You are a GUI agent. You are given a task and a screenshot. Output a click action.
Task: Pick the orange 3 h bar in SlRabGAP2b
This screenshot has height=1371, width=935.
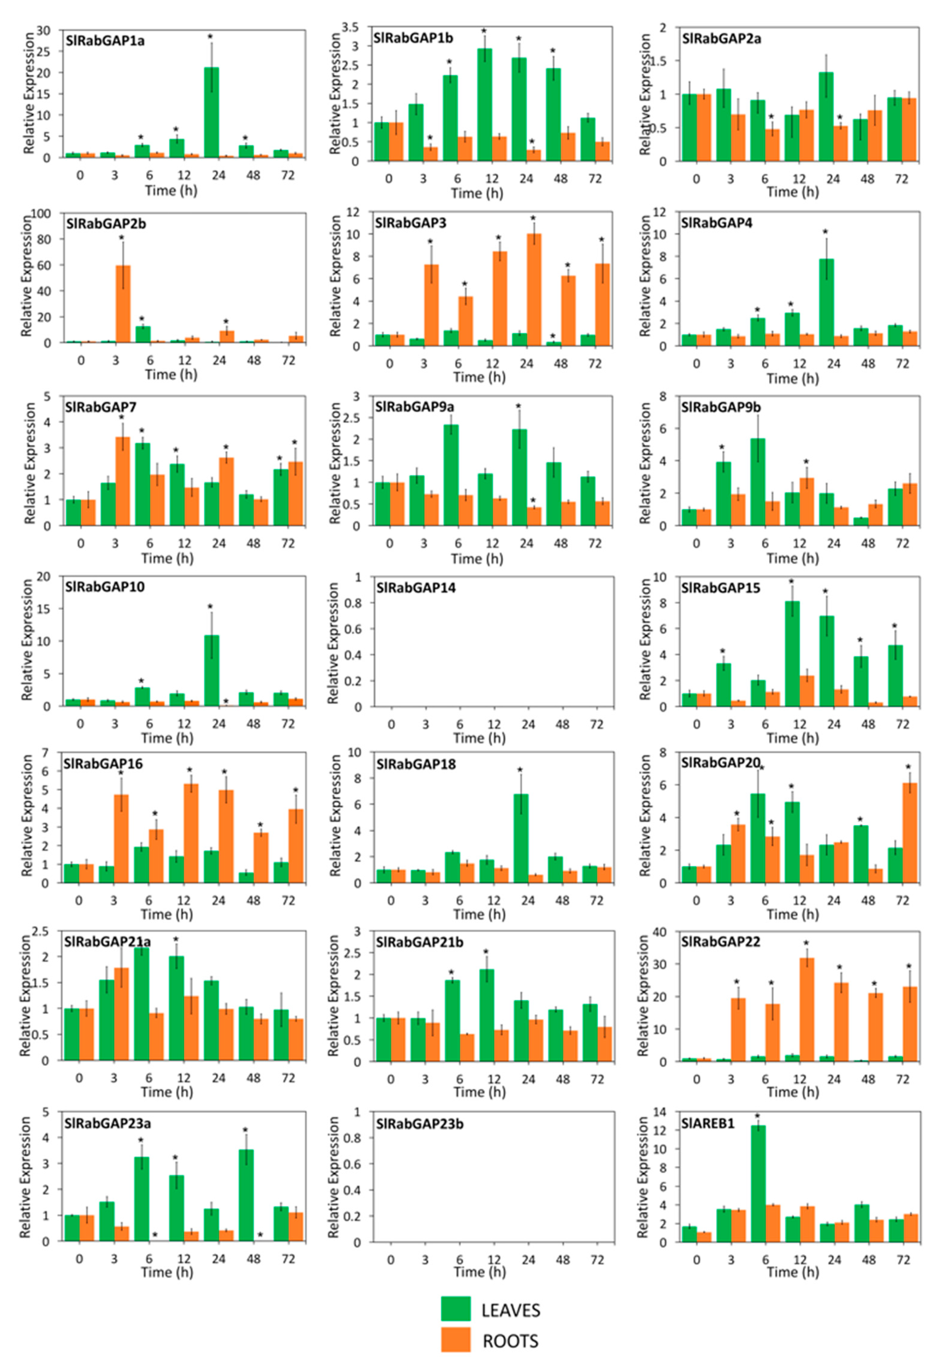[x=123, y=304]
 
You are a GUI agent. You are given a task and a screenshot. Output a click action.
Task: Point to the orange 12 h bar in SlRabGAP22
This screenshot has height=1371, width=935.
[x=806, y=1009]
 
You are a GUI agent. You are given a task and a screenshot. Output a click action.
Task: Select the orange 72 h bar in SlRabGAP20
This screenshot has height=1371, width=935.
[x=909, y=833]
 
